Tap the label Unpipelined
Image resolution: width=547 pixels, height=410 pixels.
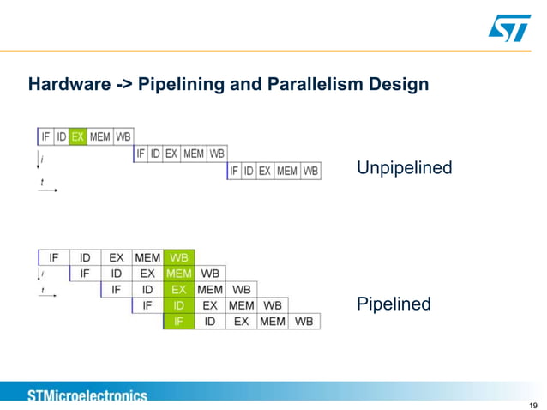404,168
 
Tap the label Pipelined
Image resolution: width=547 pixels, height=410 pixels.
393,304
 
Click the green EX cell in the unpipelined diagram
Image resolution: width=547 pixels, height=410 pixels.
78,136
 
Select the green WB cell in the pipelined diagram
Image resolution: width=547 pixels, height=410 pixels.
179,256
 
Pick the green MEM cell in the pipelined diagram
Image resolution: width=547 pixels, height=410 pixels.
179,273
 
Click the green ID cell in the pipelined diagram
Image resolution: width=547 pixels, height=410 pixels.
179,305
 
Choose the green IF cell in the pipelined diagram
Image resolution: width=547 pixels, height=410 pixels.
179,322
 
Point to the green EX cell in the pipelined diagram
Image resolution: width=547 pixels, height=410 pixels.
179,289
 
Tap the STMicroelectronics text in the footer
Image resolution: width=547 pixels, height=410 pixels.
87,395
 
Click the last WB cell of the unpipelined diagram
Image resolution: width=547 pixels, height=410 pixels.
310,171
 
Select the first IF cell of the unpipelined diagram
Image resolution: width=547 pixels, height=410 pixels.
45,136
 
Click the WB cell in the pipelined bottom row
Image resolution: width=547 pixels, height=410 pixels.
304,322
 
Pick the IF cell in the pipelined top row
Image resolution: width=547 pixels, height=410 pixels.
54,256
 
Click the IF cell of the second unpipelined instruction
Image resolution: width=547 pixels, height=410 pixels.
141,154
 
